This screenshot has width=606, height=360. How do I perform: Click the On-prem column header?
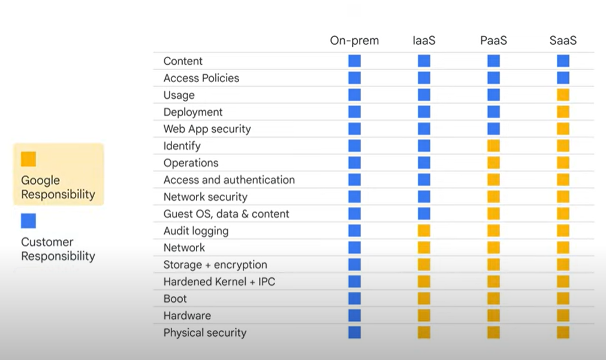354,41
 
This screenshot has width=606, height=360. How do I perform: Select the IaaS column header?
424,41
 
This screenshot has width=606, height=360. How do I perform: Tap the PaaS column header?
493,41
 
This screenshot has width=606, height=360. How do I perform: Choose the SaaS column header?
563,41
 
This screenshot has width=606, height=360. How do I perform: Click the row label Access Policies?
201,78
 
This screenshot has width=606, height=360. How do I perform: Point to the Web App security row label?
207,129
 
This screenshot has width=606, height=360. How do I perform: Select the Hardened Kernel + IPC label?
219,282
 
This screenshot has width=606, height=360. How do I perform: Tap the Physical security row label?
204,332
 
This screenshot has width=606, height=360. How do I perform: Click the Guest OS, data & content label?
226,214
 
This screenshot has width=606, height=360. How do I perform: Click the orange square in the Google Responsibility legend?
28,159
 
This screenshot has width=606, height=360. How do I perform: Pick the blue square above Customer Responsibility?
28,220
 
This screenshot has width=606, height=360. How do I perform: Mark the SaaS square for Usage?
563,95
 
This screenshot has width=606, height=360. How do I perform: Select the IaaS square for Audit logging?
424,231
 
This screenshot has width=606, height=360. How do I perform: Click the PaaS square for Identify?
493,146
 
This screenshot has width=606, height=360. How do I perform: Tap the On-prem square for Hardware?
354,316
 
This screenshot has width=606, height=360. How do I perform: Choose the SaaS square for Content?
563,60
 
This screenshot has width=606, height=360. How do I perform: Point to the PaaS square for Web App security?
493,129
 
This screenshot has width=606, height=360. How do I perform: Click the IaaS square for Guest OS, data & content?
424,214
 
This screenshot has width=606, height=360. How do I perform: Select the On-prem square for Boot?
354,298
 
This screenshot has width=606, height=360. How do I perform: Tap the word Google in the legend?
40,180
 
